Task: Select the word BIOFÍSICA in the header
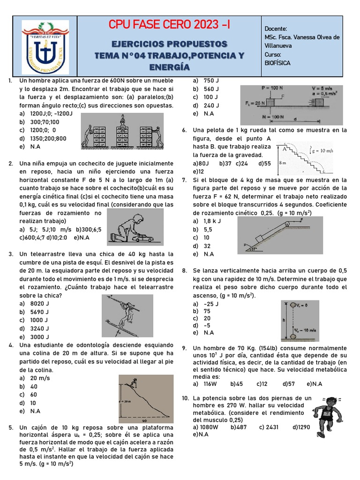[278, 62]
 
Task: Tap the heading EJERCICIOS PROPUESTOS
[169, 44]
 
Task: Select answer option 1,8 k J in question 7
[212, 221]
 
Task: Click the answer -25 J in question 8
[211, 303]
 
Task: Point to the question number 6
[185, 130]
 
